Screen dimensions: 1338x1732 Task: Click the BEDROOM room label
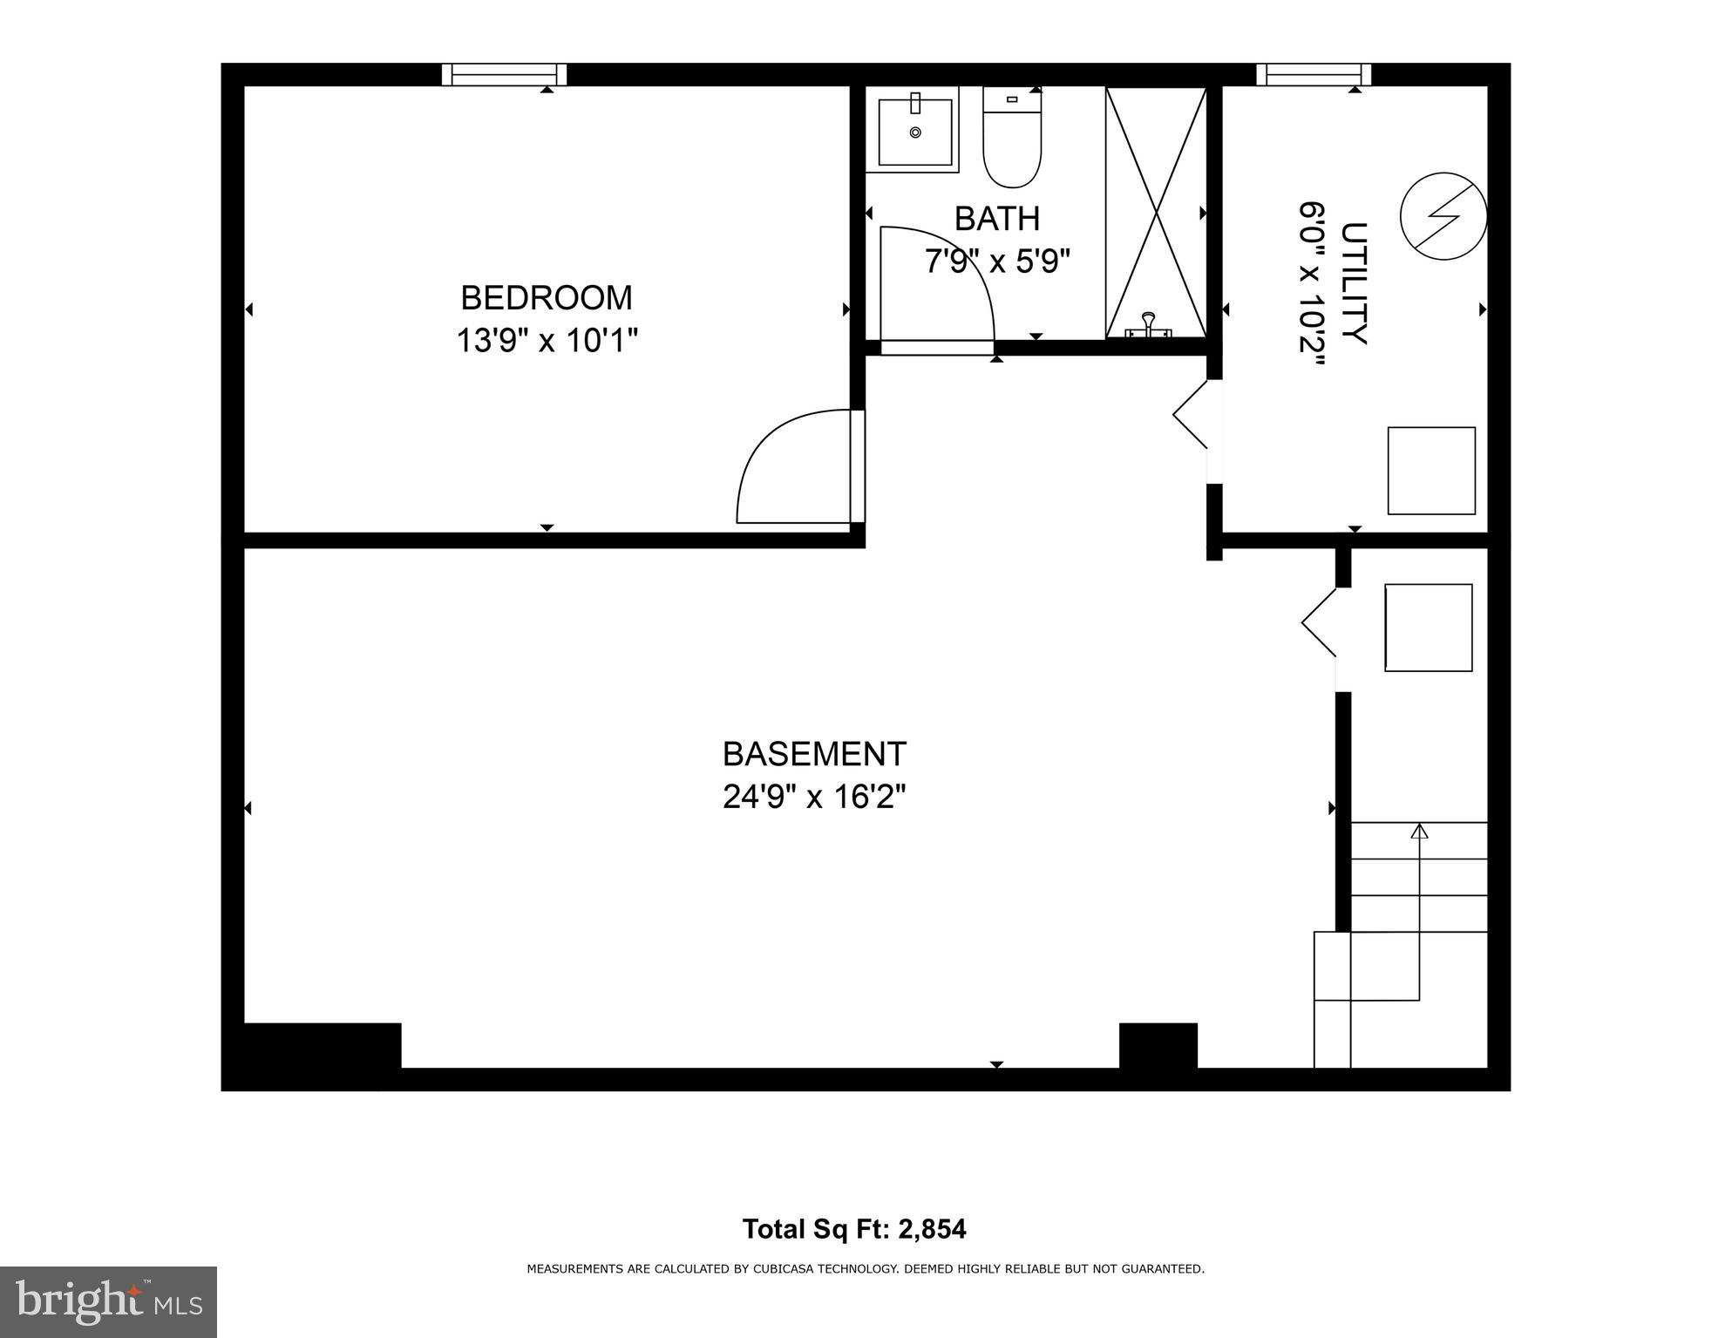tap(546, 298)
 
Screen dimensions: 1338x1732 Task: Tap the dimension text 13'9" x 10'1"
tap(547, 341)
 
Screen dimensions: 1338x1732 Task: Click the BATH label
tap(996, 219)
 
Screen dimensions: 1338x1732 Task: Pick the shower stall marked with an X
tap(1156, 213)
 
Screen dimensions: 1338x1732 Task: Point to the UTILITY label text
tap(1352, 284)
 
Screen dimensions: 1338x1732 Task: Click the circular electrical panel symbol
tap(1443, 215)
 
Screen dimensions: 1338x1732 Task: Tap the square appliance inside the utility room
tap(1430, 471)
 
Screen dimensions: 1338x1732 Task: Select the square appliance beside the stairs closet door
tap(1428, 628)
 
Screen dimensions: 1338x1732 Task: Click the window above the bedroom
tap(504, 75)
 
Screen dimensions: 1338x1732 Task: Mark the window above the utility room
tap(1313, 75)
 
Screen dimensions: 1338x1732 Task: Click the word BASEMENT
tap(814, 754)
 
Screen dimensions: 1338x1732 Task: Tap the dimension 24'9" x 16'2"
tap(814, 797)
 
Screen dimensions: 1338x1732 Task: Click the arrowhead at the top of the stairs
tap(1419, 832)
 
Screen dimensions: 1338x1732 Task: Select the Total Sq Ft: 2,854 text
tap(853, 1229)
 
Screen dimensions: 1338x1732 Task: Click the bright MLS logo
tap(108, 1302)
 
